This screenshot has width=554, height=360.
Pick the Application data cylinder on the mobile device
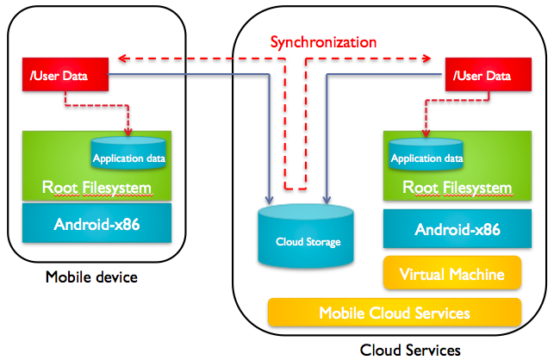[x=129, y=155]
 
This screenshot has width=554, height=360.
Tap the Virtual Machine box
[x=452, y=274]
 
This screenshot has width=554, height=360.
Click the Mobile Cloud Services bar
[x=395, y=313]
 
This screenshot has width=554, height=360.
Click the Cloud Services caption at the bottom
[x=410, y=349]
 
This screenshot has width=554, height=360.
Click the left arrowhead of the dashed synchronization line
[x=122, y=59]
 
